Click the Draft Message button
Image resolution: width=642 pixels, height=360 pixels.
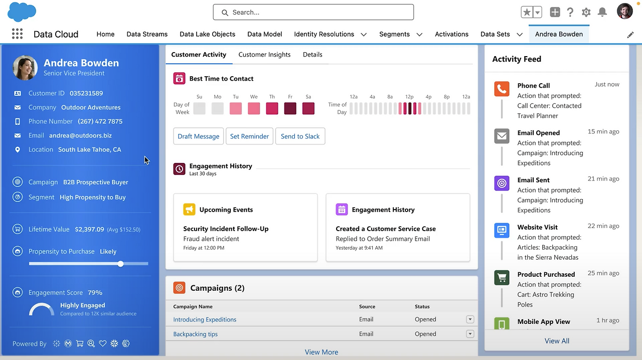tap(199, 136)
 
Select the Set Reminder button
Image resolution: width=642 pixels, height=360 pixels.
tap(249, 136)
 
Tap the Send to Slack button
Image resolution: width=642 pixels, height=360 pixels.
tap(300, 136)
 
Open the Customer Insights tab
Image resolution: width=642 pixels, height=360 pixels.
tap(264, 55)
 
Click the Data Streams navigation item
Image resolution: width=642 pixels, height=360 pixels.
tap(147, 34)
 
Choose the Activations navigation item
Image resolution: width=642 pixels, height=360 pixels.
tap(451, 34)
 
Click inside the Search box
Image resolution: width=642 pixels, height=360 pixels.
tap(313, 12)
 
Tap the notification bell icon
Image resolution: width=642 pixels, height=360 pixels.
tap(602, 13)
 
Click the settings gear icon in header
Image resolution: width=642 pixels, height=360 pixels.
tap(586, 13)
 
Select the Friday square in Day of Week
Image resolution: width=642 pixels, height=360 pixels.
tap(290, 108)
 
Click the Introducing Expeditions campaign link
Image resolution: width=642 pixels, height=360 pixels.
tap(205, 319)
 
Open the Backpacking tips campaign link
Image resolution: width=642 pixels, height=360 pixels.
tap(195, 334)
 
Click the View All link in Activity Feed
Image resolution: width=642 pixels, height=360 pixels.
tap(557, 341)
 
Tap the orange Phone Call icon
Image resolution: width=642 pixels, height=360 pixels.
tap(502, 89)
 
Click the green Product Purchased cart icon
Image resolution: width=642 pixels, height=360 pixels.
tap(502, 278)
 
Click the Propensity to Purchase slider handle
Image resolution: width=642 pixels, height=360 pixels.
tap(121, 264)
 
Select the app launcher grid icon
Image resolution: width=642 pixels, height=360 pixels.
tap(17, 34)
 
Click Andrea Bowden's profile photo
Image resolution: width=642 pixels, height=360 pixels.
tap(25, 68)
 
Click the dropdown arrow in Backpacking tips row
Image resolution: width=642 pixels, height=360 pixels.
tap(470, 334)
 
